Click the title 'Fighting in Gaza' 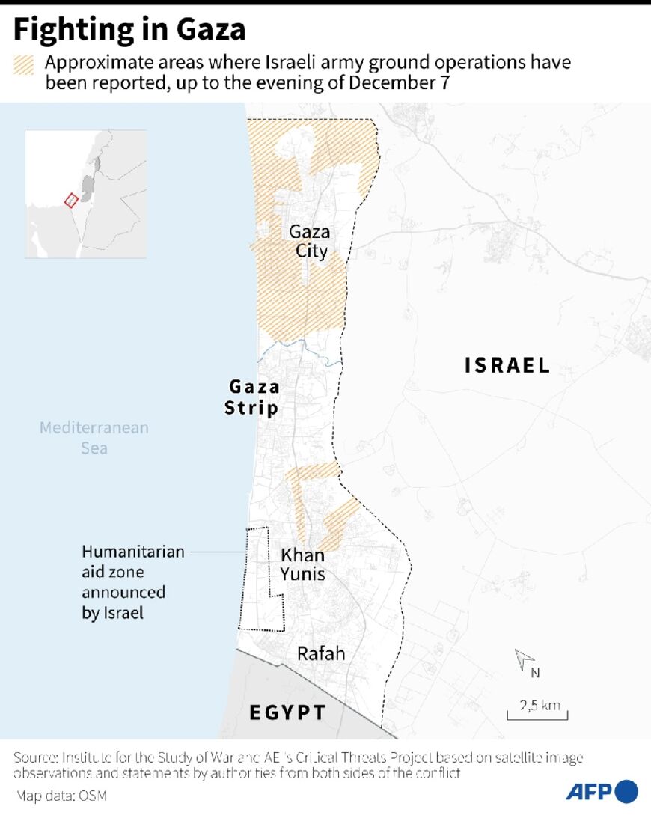tap(129, 30)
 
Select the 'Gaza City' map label tap(310, 241)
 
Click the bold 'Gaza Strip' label tap(253, 397)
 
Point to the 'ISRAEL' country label tap(507, 365)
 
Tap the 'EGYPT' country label tap(288, 712)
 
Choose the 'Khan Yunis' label tap(302, 564)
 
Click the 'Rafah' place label tap(321, 653)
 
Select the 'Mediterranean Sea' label tap(94, 438)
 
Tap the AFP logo tap(601, 791)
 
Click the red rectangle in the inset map tap(71, 200)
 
